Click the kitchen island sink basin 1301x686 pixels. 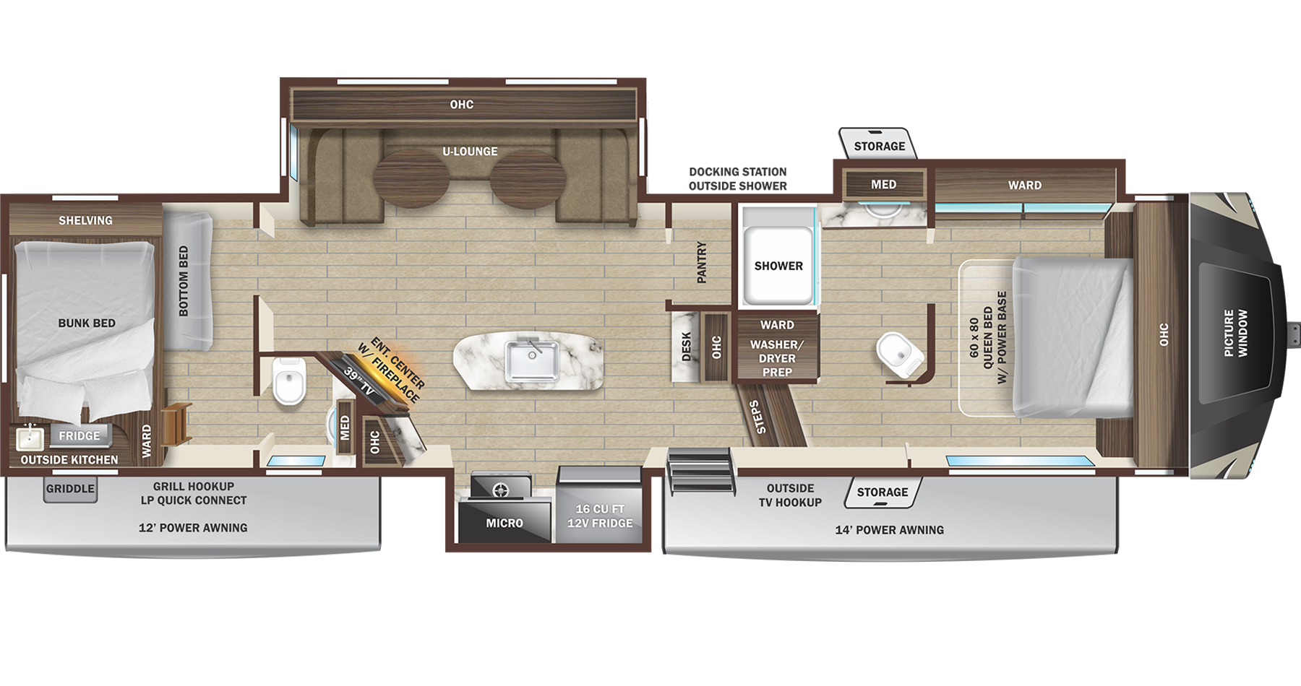(532, 360)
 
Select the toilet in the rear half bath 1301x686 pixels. (289, 381)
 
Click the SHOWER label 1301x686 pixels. (778, 266)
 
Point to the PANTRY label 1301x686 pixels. (701, 262)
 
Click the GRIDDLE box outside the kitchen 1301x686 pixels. (70, 489)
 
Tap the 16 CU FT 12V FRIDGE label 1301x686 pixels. (599, 516)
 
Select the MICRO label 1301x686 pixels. (504, 524)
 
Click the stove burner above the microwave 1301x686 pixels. (500, 490)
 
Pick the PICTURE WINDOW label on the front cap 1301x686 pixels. (1235, 333)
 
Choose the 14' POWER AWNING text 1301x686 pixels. (889, 530)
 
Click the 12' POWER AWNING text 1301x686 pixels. (193, 528)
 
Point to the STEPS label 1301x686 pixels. (757, 417)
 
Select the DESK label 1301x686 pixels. (687, 347)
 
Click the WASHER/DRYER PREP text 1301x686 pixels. (777, 358)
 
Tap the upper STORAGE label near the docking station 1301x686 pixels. (879, 146)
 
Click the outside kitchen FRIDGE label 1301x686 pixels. (80, 435)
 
